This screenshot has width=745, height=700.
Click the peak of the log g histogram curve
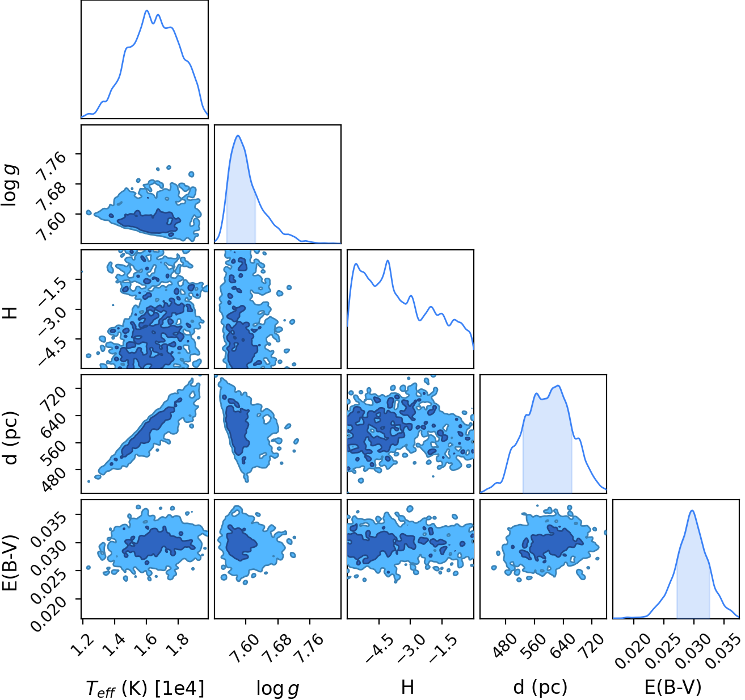(238, 136)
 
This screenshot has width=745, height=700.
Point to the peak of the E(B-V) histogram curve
(692, 510)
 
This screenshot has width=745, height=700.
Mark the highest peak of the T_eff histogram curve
(147, 11)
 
